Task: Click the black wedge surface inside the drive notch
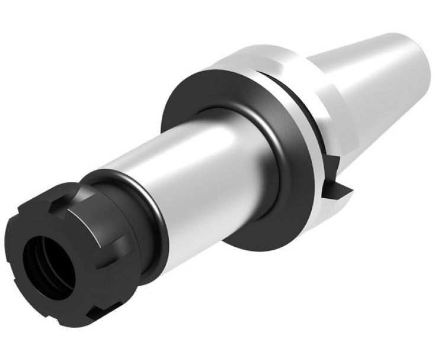coord(341,191)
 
